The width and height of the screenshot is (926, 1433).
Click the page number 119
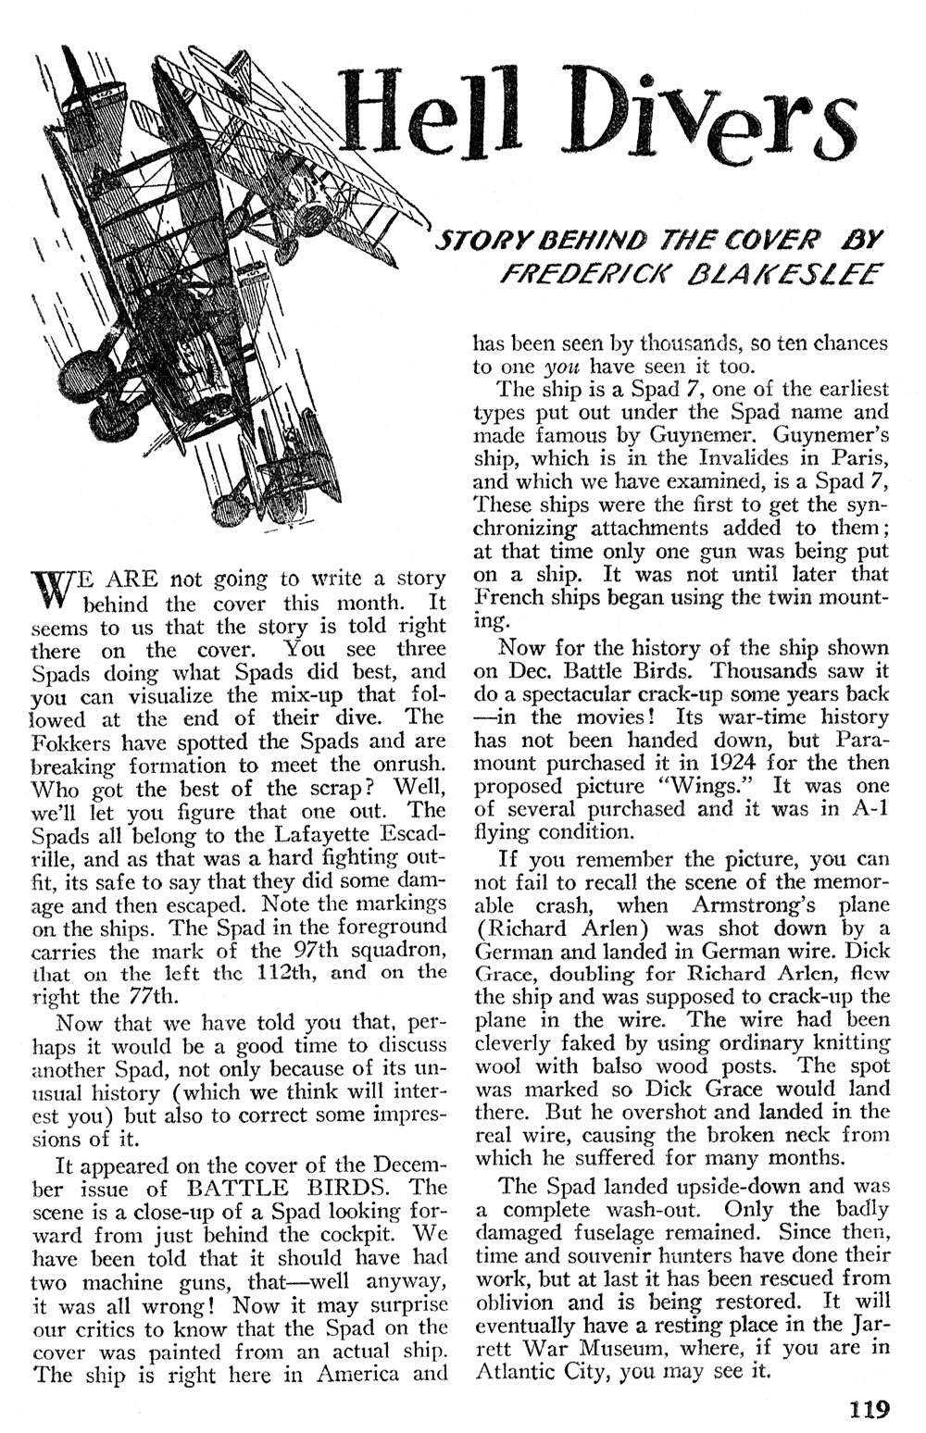[868, 1410]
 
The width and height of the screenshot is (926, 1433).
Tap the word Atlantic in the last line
[514, 1371]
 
